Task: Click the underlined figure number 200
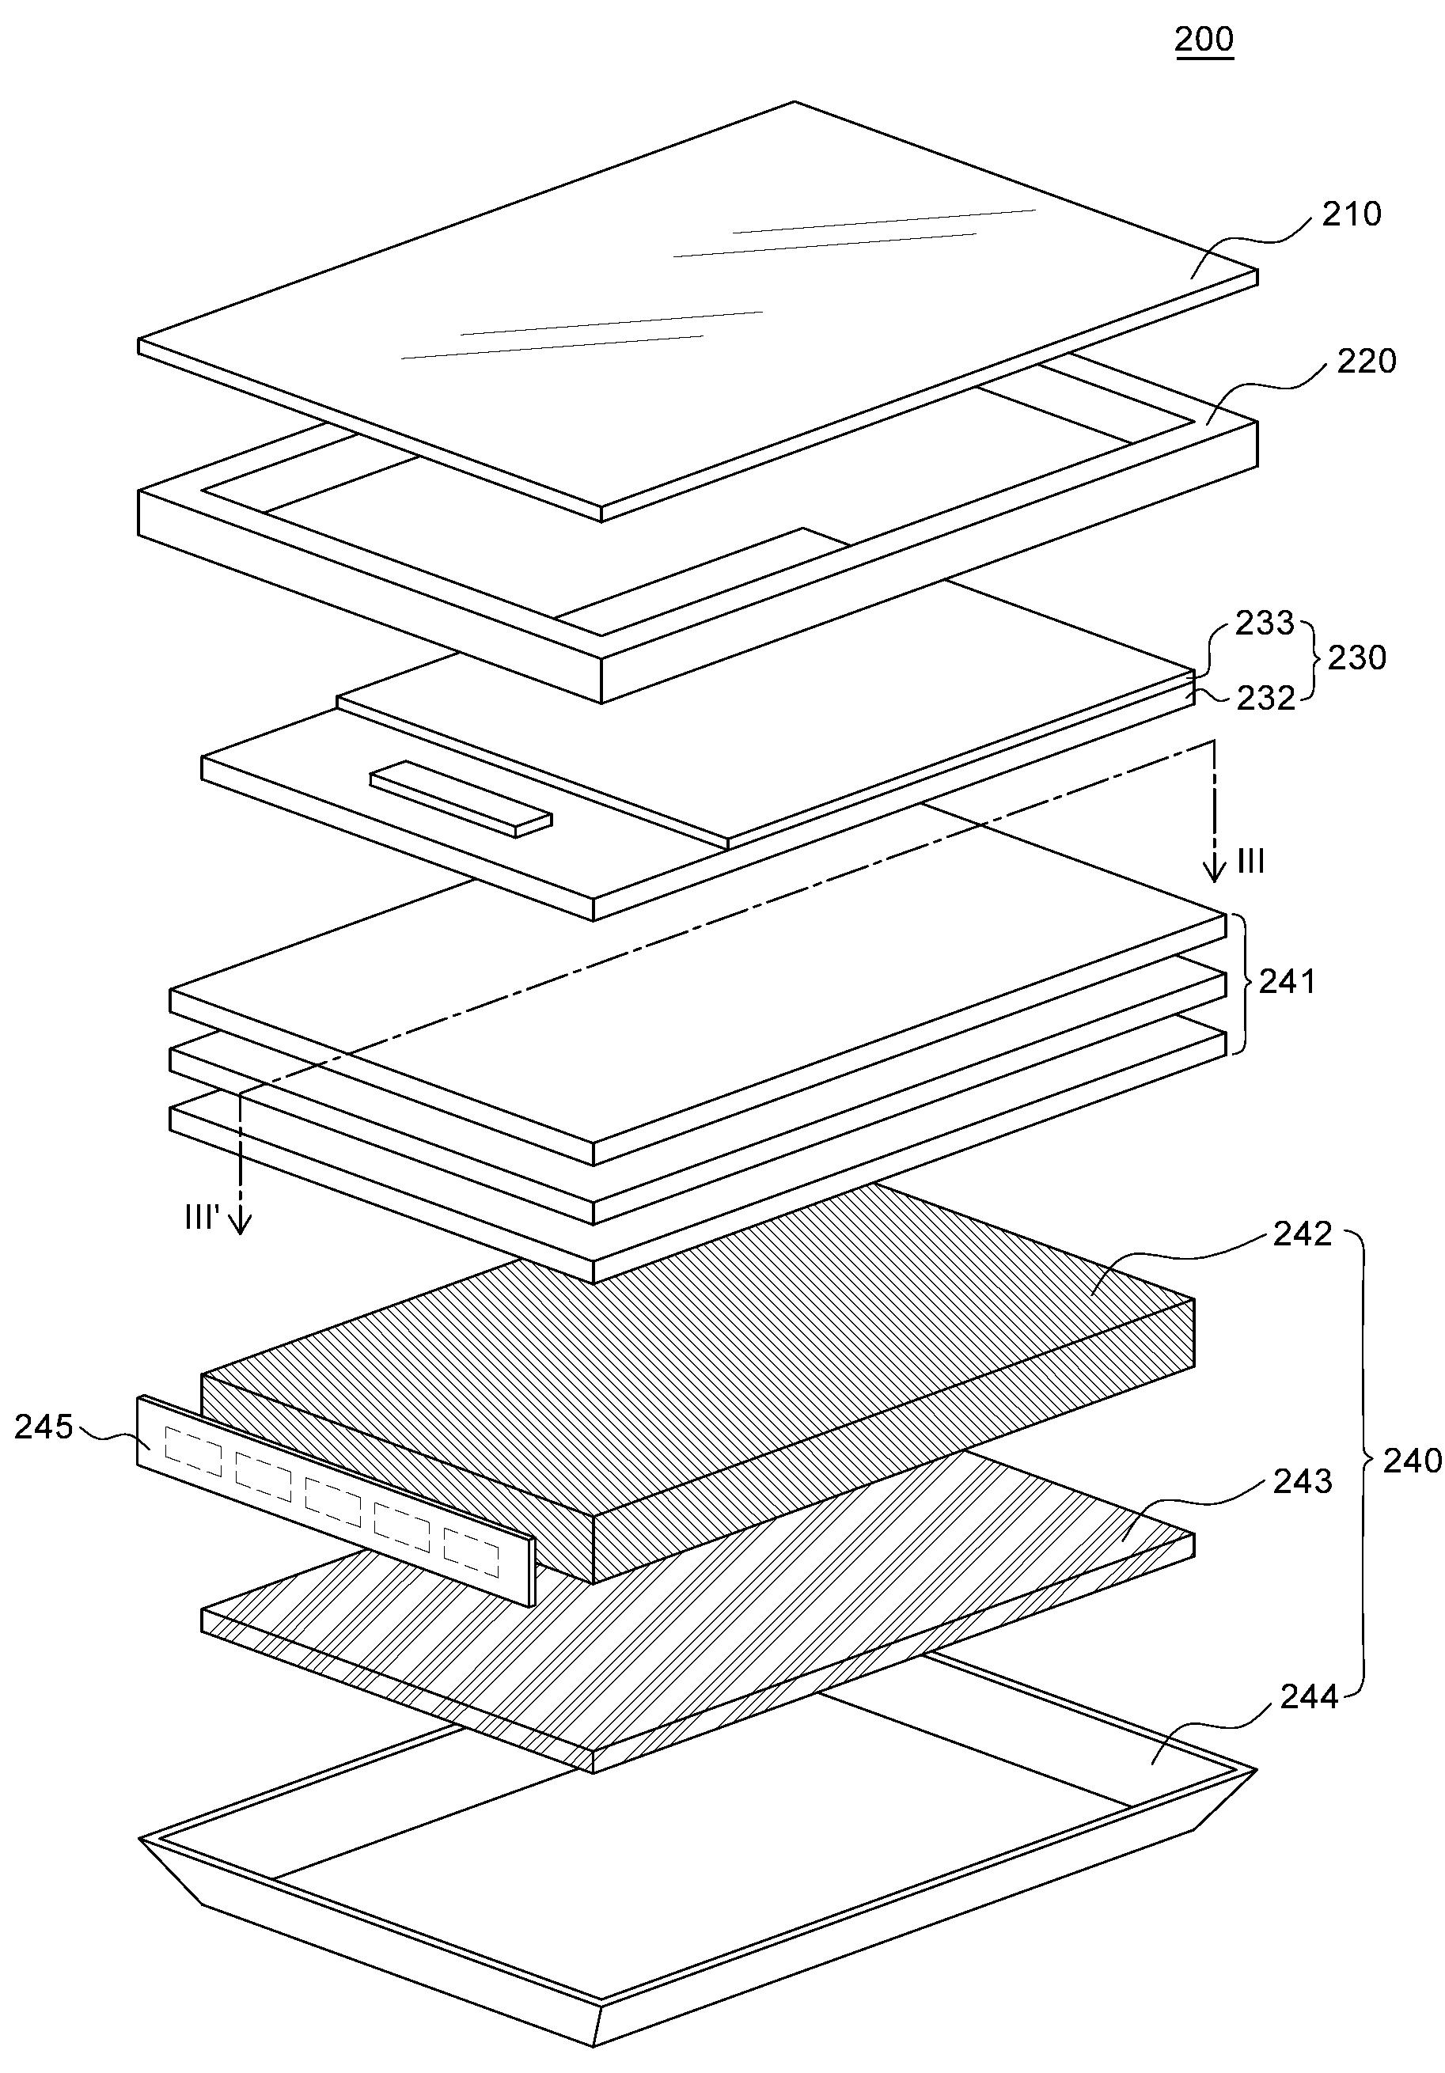1203,40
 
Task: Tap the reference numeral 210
1351,214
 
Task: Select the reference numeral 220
1366,361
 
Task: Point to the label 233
1265,623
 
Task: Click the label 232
1265,698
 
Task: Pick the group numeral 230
1356,658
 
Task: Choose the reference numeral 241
1287,981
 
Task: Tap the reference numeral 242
1303,1234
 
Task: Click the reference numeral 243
1303,1480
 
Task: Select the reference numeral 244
1309,1697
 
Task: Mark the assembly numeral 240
1413,1460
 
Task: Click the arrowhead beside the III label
1216,871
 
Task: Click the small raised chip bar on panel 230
461,799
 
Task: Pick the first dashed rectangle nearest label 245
193,1459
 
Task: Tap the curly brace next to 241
1235,983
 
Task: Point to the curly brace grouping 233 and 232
1311,658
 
